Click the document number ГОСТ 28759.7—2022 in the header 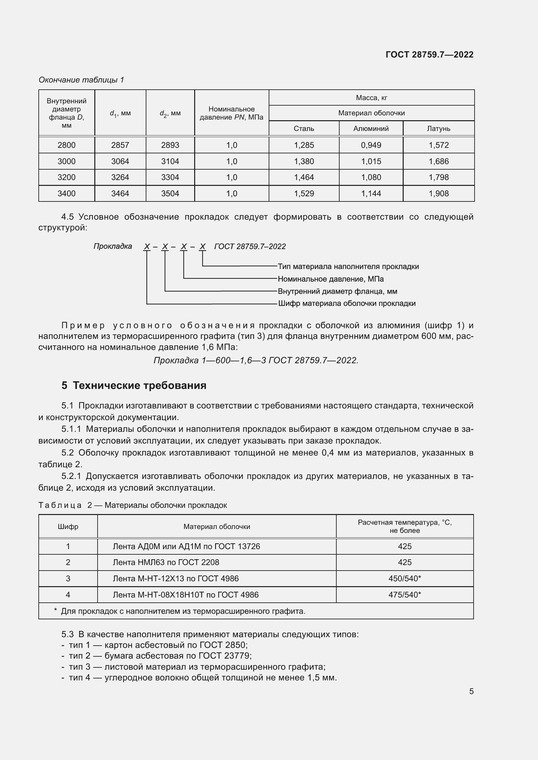point(429,55)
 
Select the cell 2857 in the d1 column point(120,145)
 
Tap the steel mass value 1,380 point(304,161)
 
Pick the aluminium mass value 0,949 point(371,145)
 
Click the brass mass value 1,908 point(438,193)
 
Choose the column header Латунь point(438,128)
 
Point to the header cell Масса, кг point(371,98)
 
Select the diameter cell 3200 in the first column point(67,177)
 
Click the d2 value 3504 point(170,193)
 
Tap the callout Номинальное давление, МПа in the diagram point(330,279)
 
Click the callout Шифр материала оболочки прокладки point(346,303)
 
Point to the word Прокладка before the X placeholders point(113,246)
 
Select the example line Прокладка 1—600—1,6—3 point(256,360)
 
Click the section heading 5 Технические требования point(134,385)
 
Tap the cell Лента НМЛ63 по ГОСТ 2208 point(166,562)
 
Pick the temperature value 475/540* point(405,595)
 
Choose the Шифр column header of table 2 point(68,526)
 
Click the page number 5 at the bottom point(471,691)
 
